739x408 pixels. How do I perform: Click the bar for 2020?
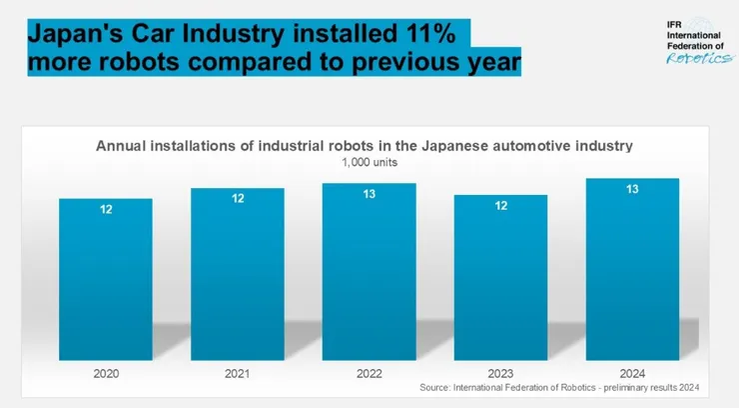[105, 280]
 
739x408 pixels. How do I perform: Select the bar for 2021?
[237, 275]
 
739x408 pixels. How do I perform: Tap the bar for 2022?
[369, 272]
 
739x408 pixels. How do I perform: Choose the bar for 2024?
[632, 270]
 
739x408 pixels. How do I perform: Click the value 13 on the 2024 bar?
[632, 190]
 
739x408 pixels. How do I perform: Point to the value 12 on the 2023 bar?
[500, 206]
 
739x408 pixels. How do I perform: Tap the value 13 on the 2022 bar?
[369, 195]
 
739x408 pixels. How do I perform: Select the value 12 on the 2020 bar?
[105, 210]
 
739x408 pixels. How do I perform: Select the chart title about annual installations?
[365, 146]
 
